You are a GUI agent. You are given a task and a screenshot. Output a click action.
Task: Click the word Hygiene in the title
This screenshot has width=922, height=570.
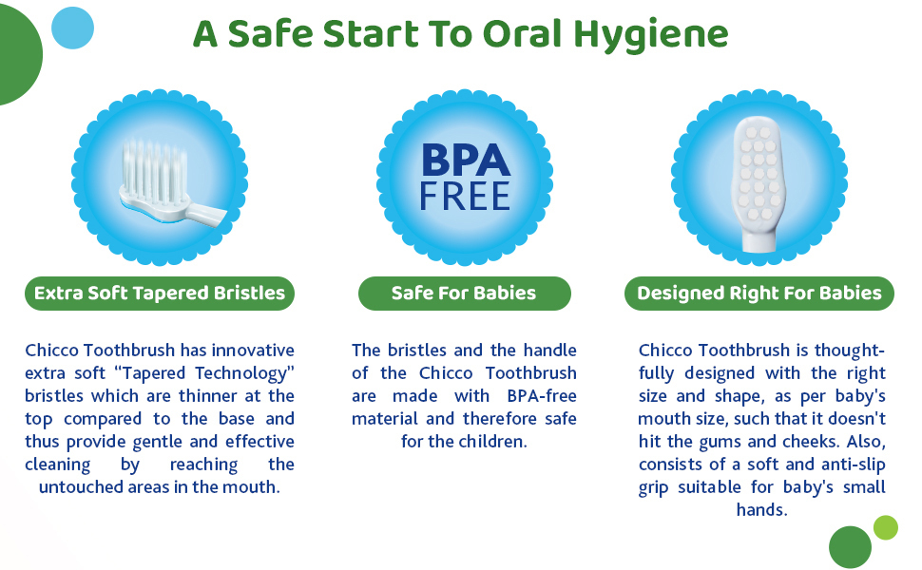651,36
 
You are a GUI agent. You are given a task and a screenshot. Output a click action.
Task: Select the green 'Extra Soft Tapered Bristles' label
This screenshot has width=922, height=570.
160,294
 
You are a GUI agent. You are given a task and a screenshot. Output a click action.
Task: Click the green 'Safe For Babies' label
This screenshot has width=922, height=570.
464,294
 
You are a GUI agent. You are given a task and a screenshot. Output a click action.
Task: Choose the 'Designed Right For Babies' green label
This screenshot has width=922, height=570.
759,294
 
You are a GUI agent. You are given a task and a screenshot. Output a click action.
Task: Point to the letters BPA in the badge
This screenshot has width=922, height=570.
466,161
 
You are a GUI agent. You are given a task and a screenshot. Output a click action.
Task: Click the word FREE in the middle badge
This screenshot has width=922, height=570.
465,197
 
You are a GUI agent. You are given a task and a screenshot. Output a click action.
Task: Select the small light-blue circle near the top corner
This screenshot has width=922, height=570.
72,28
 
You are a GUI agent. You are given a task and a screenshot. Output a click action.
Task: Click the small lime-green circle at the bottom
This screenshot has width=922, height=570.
886,527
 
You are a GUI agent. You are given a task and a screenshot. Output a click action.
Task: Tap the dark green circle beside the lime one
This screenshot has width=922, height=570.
850,547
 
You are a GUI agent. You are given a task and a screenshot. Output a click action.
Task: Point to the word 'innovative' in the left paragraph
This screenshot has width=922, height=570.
253,351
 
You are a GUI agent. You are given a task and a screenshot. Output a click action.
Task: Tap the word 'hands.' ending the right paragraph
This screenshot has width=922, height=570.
761,509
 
